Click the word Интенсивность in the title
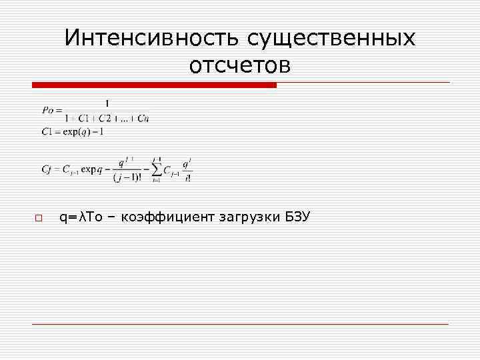tap(153, 38)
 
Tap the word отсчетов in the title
tap(240, 66)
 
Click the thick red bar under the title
tap(154, 85)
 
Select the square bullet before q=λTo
tap(39, 218)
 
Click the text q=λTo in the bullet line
tap(81, 217)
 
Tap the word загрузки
tap(247, 217)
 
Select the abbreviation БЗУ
tap(296, 217)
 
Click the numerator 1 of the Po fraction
tap(107, 103)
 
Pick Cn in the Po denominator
tap(144, 119)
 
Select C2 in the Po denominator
tap(105, 119)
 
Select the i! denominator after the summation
tap(189, 178)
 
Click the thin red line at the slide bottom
tap(240, 324)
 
